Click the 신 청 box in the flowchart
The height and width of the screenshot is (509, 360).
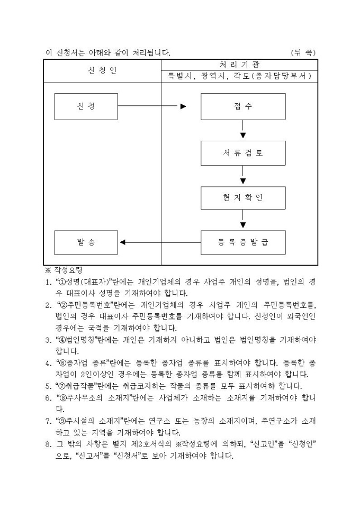(86, 106)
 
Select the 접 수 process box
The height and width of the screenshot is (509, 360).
(242, 106)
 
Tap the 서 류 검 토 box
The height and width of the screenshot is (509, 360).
(242, 153)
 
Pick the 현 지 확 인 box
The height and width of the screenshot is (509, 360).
(242, 198)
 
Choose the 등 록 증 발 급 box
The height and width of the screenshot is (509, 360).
(242, 242)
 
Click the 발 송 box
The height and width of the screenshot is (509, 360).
(86, 242)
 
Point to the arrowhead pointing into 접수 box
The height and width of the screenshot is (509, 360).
(183, 106)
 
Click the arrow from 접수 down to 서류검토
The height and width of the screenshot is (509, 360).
(242, 130)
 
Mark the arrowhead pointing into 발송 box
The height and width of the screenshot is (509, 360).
(123, 242)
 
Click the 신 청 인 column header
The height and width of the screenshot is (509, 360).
(102, 70)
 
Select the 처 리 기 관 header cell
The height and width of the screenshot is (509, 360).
(239, 65)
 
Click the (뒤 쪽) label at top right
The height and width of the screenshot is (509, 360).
(303, 52)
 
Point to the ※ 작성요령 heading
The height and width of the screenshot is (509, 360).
(63, 270)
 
